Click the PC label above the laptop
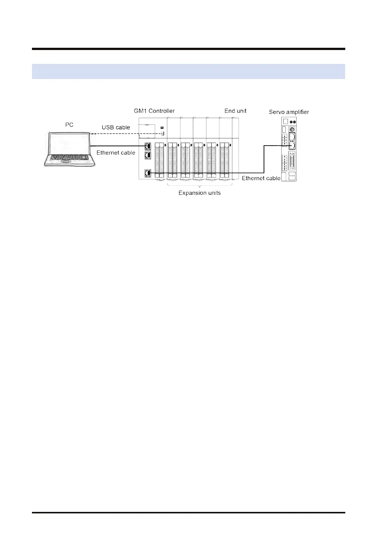(x=69, y=124)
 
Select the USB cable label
(x=116, y=128)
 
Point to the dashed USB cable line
(x=124, y=133)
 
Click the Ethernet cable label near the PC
(x=116, y=153)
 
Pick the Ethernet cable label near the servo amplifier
(x=261, y=178)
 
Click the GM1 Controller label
(x=154, y=111)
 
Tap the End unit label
(x=235, y=111)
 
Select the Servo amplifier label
(x=289, y=112)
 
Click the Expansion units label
(x=199, y=193)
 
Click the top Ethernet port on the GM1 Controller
(x=147, y=146)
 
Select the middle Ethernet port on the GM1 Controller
(x=147, y=155)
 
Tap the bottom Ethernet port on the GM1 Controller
(x=147, y=173)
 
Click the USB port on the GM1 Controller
(x=162, y=133)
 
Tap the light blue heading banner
(x=188, y=71)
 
